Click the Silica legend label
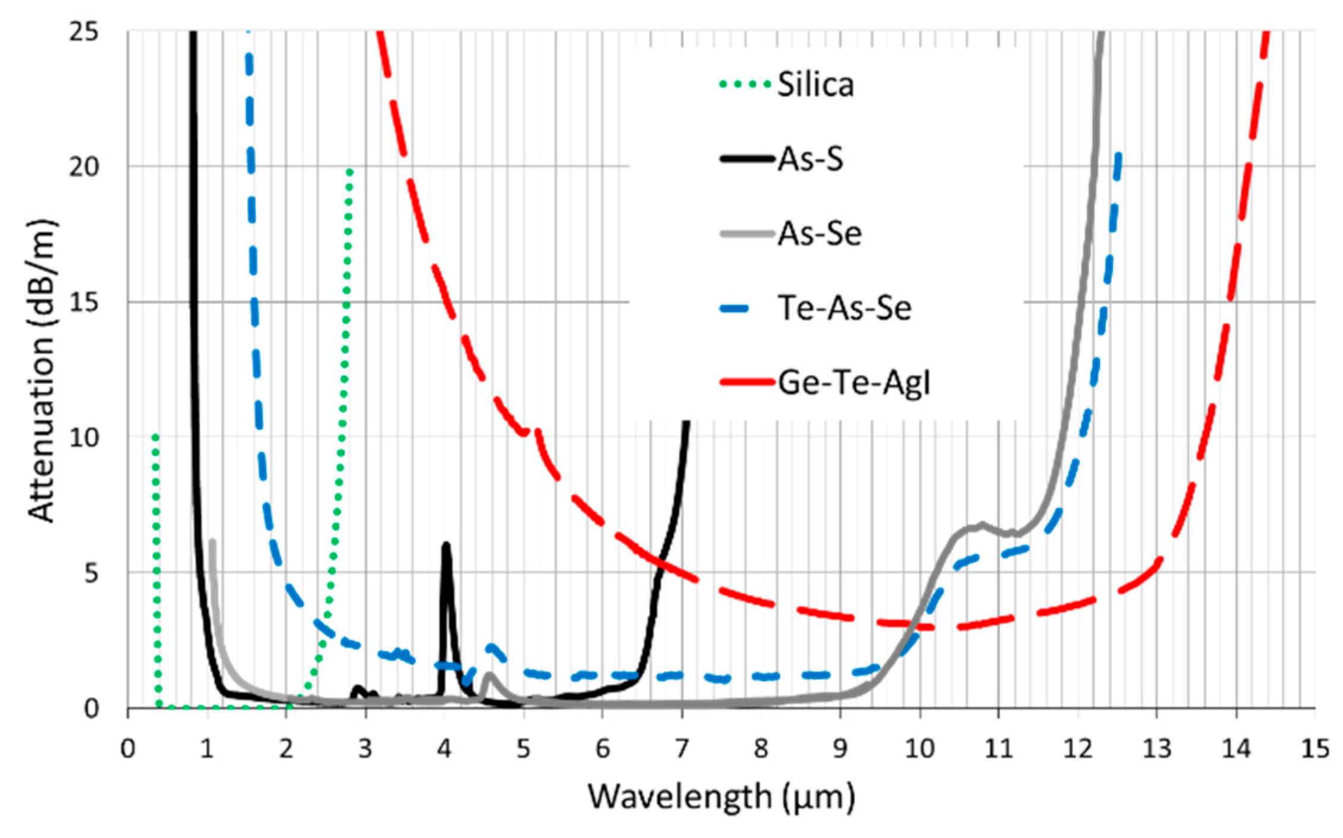[x=815, y=85]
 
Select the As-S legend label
[x=811, y=159]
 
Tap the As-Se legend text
[x=819, y=234]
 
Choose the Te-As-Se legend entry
[x=844, y=308]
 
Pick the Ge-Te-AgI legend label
[x=853, y=382]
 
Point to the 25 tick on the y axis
[x=84, y=31]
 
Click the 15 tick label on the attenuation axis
[x=84, y=303]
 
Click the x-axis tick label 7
[x=682, y=749]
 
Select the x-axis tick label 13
[x=1156, y=749]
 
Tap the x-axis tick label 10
[x=919, y=749]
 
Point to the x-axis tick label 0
[x=128, y=749]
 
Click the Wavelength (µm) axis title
[x=721, y=796]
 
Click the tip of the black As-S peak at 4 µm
[x=446, y=545]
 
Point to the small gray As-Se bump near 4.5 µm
[x=489, y=676]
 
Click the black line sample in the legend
[x=748, y=159]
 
